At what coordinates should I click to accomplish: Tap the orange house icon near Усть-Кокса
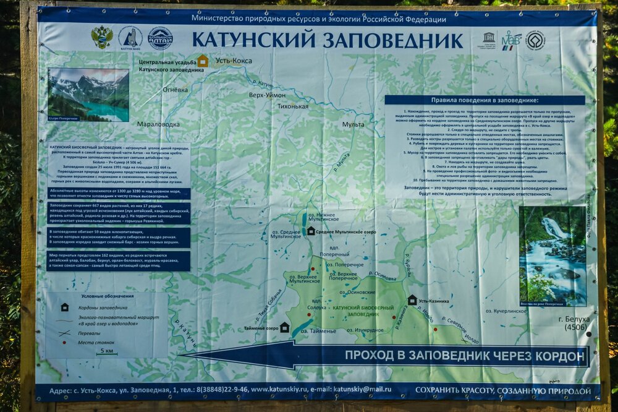tap(202, 61)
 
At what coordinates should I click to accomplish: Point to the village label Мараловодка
tap(158, 124)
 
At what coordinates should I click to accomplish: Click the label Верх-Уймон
tap(267, 95)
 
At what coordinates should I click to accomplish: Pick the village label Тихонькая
tap(292, 106)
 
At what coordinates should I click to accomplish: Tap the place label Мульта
tap(353, 124)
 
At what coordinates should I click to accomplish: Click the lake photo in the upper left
tap(88, 94)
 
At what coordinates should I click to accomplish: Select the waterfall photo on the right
tap(552, 255)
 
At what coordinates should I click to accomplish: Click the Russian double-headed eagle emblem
tap(101, 38)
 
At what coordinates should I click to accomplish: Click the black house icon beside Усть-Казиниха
tap(412, 300)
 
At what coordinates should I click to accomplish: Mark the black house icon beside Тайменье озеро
tap(284, 327)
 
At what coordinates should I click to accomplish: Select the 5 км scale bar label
tap(107, 351)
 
